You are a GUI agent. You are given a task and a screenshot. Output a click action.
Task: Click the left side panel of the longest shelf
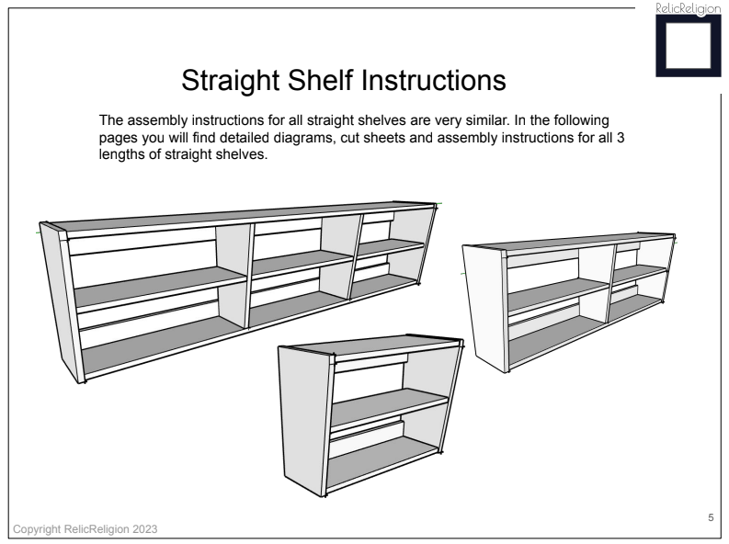point(60,299)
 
